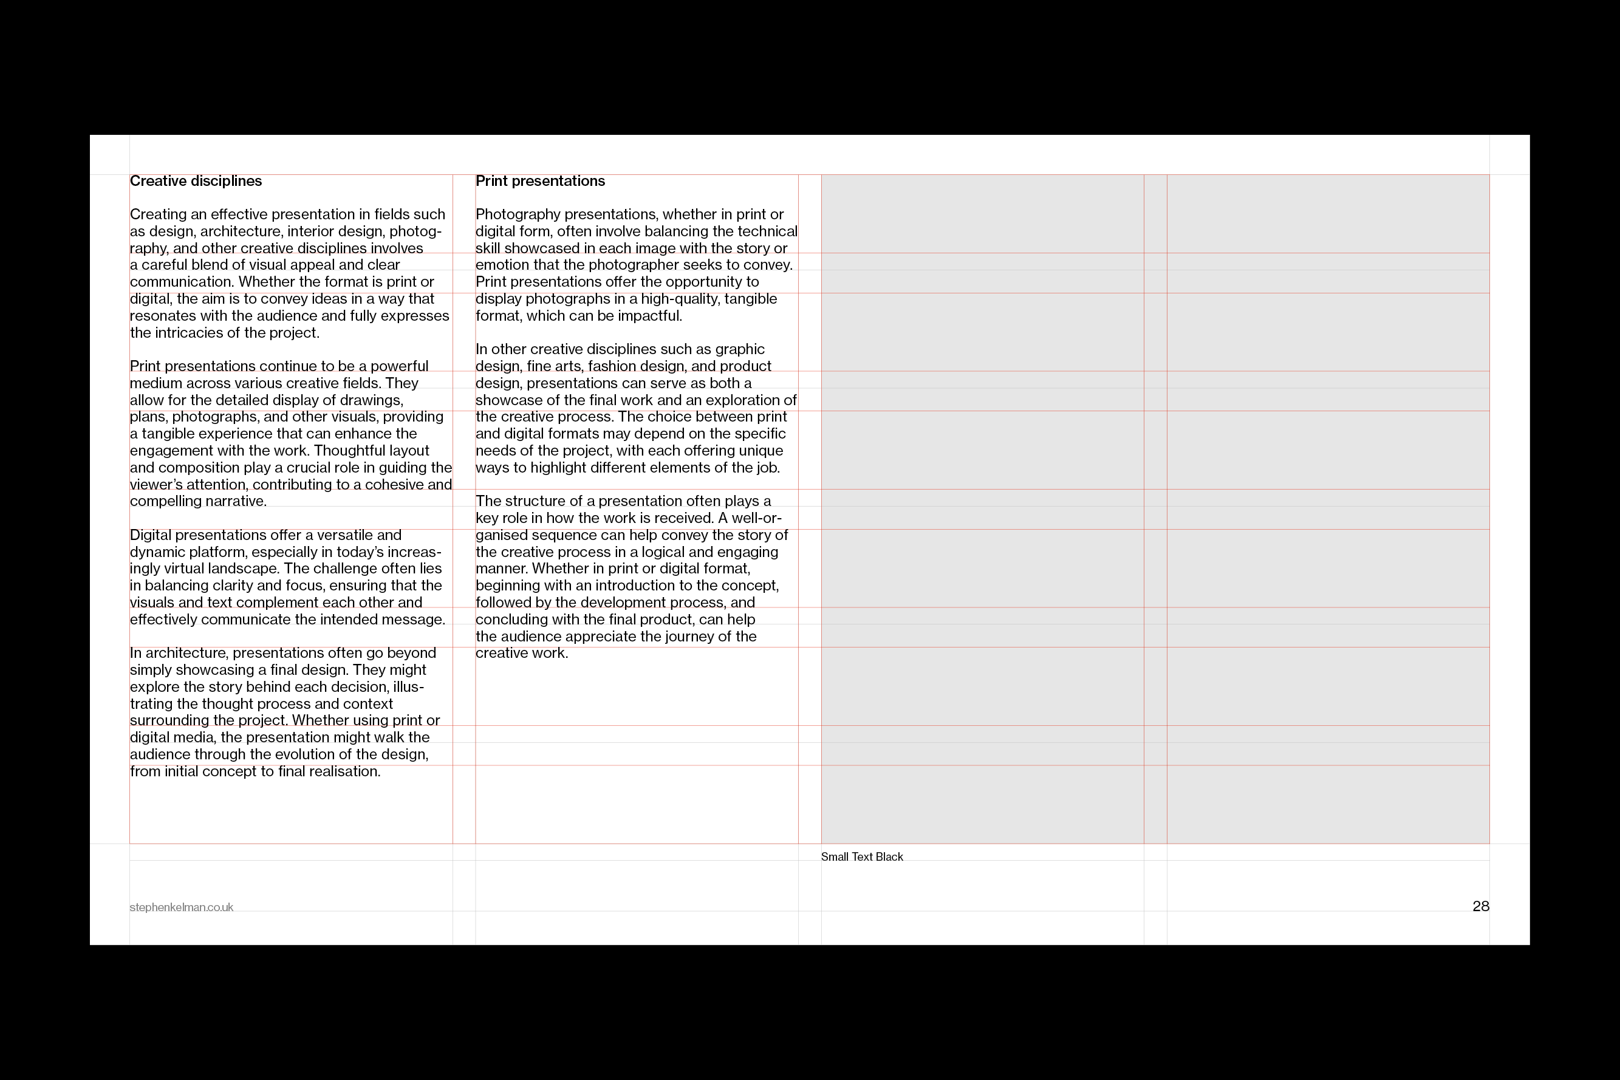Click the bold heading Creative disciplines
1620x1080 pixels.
[196, 181]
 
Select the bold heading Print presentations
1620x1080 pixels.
[540, 181]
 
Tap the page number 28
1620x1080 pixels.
[1480, 906]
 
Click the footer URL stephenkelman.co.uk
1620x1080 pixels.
[181, 908]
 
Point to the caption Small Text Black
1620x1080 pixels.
[862, 857]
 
